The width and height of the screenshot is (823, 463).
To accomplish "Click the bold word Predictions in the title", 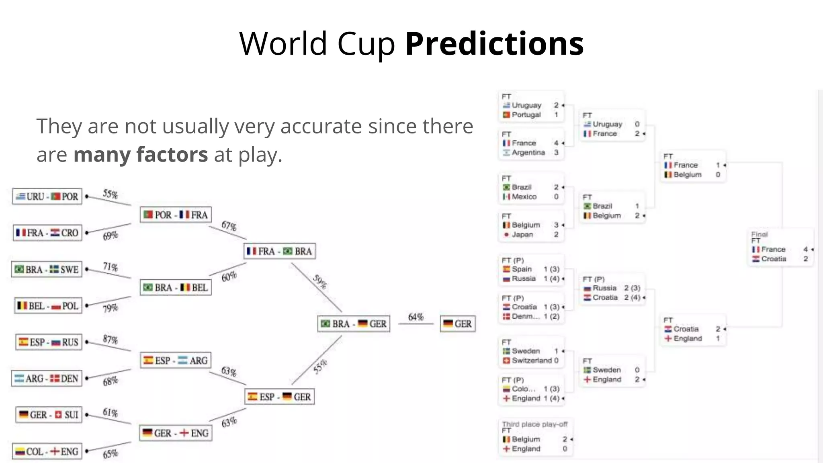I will (494, 43).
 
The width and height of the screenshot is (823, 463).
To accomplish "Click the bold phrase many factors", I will (141, 154).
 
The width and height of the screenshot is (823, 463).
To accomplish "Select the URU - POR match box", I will (47, 197).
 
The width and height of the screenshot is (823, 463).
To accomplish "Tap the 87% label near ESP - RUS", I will (110, 340).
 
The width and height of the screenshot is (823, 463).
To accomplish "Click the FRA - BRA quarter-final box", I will (280, 251).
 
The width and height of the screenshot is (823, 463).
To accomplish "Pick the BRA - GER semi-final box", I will (354, 324).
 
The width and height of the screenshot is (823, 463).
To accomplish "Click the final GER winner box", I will (458, 324).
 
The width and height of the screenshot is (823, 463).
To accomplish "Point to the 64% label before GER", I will (416, 317).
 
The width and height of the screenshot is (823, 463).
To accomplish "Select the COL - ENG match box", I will (47, 451).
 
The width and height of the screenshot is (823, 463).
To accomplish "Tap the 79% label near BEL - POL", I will (110, 308).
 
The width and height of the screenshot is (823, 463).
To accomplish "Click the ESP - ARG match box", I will (176, 361).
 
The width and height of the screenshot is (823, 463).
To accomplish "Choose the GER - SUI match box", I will (49, 415).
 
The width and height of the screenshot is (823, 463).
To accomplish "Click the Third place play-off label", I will (534, 424).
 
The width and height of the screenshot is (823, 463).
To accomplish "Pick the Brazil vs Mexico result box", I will (531, 189).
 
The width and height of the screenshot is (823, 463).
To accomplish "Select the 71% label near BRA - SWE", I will (110, 267).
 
